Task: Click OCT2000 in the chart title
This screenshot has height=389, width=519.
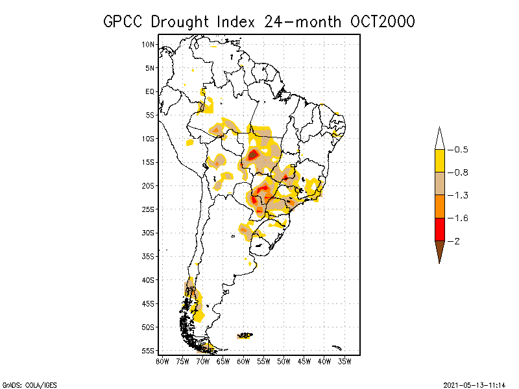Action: pos(381,21)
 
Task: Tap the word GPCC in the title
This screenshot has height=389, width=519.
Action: pos(124,21)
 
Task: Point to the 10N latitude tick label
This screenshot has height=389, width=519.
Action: pos(149,44)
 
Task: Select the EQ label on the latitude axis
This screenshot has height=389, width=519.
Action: pos(150,91)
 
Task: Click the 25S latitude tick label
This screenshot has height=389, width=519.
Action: pos(149,209)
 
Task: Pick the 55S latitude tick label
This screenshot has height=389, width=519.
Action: pos(149,350)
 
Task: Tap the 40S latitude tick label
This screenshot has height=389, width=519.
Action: pos(149,279)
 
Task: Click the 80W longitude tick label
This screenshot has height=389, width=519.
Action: pos(162,360)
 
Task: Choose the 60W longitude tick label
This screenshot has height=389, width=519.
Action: pos(243,360)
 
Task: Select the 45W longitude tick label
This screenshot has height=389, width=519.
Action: pos(304,360)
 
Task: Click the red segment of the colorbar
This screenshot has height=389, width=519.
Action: pos(439,230)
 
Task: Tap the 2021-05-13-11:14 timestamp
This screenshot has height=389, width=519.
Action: pos(475,384)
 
